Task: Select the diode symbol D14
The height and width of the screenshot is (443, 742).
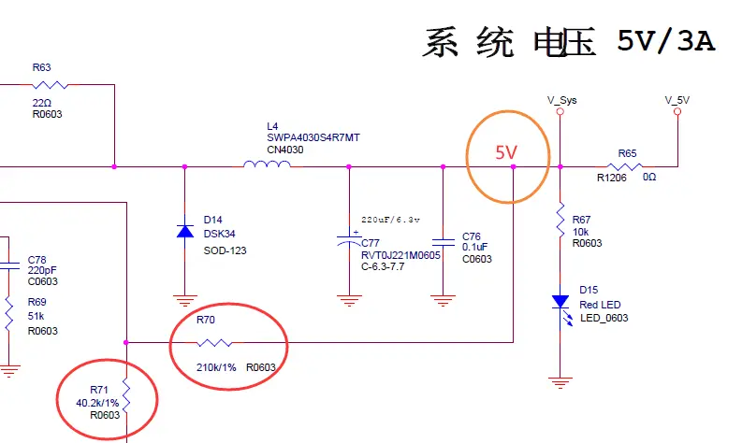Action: tap(184, 230)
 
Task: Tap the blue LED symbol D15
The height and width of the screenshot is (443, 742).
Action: tap(560, 301)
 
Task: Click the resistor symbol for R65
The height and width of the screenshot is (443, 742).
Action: tap(626, 166)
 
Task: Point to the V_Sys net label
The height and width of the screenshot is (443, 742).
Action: tap(561, 99)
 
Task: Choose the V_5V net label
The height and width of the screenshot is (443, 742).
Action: tap(677, 99)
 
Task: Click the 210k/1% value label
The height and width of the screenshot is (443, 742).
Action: tap(216, 367)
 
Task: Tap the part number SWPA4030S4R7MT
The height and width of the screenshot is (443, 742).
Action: tap(313, 137)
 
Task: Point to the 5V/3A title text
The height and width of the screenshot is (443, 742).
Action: tap(665, 42)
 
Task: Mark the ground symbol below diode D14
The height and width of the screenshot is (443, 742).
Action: tap(184, 301)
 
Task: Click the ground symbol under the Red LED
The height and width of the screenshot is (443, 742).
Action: tap(560, 381)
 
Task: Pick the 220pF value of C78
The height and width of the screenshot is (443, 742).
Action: tap(43, 269)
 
